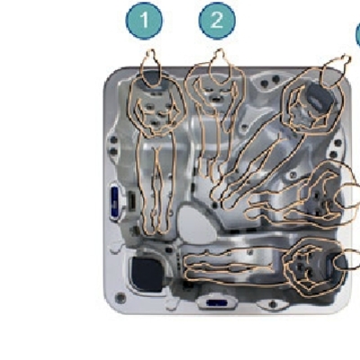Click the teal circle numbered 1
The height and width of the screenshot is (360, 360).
(x=144, y=21)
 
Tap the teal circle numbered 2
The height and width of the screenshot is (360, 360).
(x=217, y=21)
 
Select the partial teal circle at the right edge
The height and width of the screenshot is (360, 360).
(x=358, y=35)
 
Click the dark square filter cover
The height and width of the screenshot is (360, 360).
(x=148, y=274)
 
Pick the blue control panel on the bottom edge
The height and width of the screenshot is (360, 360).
(x=217, y=303)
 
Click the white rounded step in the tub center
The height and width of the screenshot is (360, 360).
(x=195, y=223)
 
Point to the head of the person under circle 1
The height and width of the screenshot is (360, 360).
(x=151, y=68)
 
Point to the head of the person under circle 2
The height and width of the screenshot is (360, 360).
(x=220, y=67)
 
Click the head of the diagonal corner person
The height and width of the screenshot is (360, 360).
(x=334, y=72)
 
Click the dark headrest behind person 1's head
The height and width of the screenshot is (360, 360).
(x=151, y=78)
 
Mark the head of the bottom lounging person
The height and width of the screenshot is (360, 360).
(x=346, y=259)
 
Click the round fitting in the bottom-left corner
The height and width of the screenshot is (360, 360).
(x=121, y=297)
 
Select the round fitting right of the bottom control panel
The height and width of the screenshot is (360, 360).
(x=273, y=304)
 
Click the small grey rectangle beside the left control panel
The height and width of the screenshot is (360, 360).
(x=131, y=200)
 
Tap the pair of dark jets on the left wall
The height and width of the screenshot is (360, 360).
(x=113, y=146)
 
